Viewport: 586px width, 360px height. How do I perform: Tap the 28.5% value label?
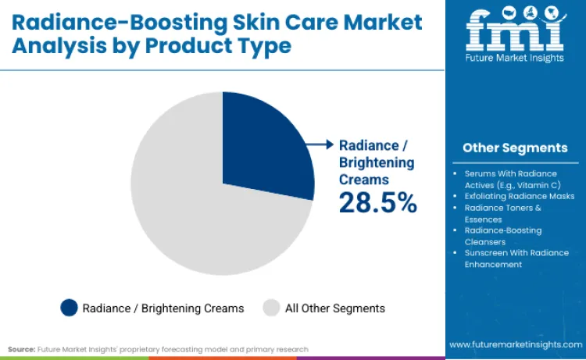coord(377,203)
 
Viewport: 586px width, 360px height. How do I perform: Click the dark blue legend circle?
coord(69,308)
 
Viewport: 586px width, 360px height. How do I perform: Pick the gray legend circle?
coord(271,308)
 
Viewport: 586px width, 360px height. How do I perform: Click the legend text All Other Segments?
coord(334,308)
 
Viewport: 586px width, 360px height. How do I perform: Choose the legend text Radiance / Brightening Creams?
coord(163,308)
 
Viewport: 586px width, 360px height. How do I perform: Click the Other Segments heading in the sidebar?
coord(515,148)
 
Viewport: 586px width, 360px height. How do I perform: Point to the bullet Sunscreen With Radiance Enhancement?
coord(516,258)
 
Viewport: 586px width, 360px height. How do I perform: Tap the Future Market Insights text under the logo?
coord(514,59)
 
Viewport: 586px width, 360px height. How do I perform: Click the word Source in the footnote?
coord(22,349)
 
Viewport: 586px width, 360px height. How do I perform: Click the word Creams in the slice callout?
coord(364,180)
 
